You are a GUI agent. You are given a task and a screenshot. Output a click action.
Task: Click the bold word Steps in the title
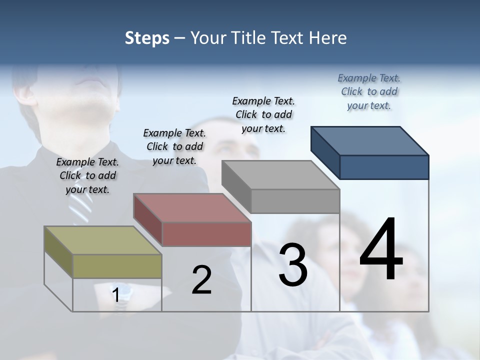[147, 38]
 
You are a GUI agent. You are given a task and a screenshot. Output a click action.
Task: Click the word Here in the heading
[328, 38]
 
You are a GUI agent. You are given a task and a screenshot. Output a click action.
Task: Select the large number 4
[381, 250]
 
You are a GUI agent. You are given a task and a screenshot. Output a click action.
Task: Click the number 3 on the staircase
[293, 265]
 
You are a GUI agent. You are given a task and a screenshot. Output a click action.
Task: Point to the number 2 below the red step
[201, 280]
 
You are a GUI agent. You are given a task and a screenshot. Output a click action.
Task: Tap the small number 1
[116, 295]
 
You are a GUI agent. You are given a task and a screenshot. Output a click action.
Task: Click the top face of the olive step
[103, 240]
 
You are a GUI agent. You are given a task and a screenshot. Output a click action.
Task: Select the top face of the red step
[192, 208]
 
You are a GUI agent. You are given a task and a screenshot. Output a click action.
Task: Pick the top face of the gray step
[280, 175]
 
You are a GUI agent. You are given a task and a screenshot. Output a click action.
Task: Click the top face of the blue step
[369, 141]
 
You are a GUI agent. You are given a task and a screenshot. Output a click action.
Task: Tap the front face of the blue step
[384, 167]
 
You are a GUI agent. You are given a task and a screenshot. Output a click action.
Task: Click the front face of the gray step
[295, 201]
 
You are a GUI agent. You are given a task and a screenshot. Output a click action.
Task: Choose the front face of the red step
[206, 234]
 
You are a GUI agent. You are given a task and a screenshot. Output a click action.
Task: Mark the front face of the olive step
[117, 266]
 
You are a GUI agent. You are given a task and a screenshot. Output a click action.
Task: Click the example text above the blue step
[369, 91]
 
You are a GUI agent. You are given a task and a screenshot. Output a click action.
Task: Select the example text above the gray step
[263, 114]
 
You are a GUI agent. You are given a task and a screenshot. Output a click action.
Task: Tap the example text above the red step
[174, 146]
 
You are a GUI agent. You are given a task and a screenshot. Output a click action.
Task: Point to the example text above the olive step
[87, 175]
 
